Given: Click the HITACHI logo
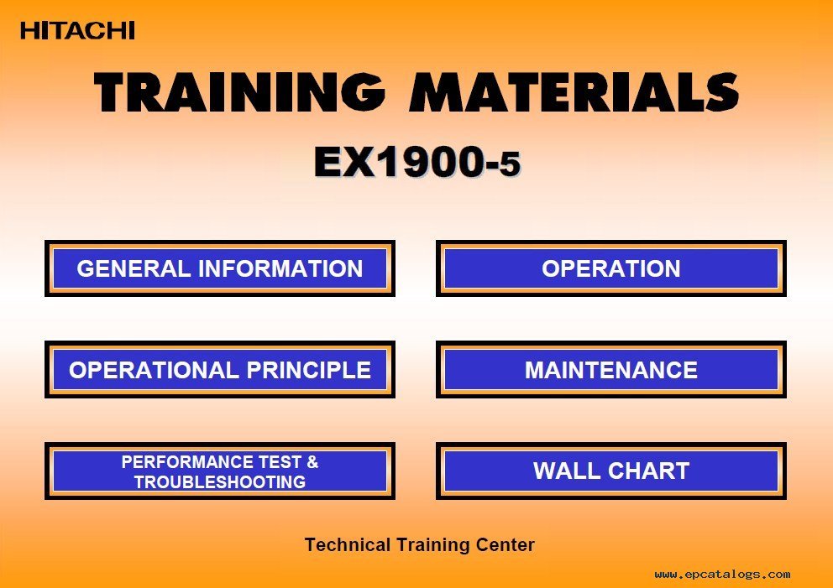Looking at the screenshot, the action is coord(77,30).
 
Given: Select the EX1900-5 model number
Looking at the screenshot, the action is coord(417,162).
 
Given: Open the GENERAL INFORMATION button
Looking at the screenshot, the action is coord(220,268).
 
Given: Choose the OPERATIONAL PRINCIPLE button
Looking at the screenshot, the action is coord(220,370).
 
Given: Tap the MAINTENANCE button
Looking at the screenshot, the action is coord(611,370).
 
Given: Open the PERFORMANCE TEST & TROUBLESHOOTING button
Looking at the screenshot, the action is coord(220,471).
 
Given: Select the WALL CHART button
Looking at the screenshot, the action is coord(611,471).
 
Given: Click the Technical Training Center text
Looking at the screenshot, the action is coord(419,545).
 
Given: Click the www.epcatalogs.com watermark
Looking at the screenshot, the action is coord(722,575).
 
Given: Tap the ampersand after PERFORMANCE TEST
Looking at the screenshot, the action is coord(313,462).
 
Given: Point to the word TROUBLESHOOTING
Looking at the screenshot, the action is coord(220,481).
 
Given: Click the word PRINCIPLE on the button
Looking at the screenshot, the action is coord(309,371).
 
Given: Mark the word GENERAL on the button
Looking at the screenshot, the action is coord(134,268).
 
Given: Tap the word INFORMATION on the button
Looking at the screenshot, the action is coord(280,268).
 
